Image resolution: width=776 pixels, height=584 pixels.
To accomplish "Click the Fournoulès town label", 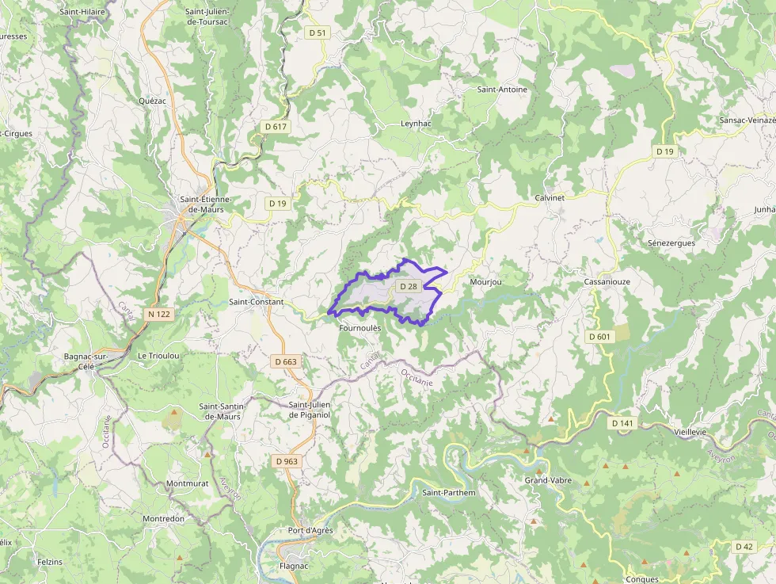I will [360, 327].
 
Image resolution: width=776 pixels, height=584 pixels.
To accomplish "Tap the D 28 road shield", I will [409, 286].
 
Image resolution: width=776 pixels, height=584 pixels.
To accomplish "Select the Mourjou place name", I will [485, 282].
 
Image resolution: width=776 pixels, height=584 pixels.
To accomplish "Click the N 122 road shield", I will [159, 315].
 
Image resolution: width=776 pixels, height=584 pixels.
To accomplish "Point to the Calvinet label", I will [550, 197].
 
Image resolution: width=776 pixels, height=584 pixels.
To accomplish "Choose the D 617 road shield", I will [276, 127].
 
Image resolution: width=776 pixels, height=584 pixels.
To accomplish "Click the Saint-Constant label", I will [256, 302].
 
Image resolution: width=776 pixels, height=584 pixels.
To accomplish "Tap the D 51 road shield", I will [317, 32].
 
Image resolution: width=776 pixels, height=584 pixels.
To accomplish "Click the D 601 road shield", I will [599, 337].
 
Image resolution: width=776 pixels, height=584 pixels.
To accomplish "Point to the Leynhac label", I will [416, 124].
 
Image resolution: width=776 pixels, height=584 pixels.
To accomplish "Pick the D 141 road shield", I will [623, 424].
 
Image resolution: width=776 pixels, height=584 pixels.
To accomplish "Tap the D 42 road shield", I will [744, 547].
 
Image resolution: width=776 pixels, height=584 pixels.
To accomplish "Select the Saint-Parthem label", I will [449, 493].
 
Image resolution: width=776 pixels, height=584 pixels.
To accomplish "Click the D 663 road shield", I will [285, 361].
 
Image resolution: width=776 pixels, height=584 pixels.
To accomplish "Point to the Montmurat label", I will [187, 483].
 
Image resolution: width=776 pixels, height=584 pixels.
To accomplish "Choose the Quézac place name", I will [152, 101].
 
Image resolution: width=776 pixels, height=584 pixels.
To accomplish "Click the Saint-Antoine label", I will [502, 90].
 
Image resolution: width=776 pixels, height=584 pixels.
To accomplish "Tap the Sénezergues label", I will [671, 242].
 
